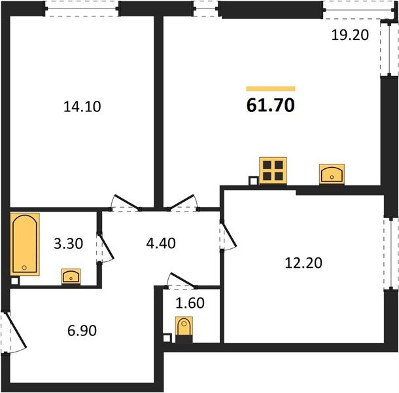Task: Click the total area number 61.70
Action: (270, 105)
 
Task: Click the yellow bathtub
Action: (26, 244)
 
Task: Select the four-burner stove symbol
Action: (273, 170)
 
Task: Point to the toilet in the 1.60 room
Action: (185, 327)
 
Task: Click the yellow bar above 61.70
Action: (270, 88)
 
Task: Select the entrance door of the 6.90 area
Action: (14, 331)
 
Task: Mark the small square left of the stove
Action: (253, 181)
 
